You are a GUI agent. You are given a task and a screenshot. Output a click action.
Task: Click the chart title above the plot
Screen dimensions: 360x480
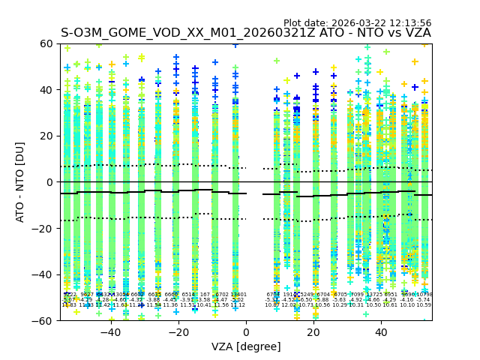[246, 33]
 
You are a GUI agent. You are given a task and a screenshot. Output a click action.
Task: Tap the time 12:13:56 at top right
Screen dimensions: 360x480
[409, 23]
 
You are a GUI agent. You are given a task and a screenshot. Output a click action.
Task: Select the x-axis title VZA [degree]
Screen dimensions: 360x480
[246, 346]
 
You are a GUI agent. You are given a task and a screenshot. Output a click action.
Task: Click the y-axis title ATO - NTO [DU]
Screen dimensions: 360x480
[20, 182]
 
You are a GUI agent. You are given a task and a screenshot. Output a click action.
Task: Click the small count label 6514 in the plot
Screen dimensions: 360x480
[188, 295]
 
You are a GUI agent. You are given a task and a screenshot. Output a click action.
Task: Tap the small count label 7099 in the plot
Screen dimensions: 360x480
[356, 295]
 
